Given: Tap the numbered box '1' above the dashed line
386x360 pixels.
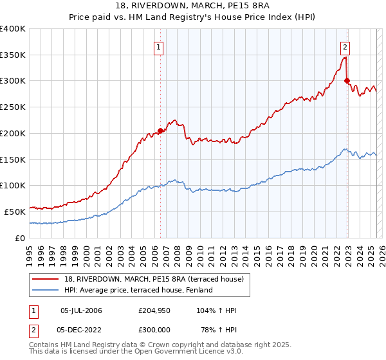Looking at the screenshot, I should (158, 46).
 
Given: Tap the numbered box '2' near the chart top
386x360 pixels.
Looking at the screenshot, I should (345, 46).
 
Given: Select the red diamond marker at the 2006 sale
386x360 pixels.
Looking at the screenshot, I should (160, 130).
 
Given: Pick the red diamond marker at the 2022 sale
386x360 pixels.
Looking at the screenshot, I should (347, 81).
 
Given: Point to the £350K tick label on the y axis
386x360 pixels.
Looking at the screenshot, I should (13, 55).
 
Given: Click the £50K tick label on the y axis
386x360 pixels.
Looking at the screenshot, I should (15, 211).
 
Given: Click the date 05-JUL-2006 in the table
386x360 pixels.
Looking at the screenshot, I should (81, 310).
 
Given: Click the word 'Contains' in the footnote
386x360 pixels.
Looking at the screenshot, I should (44, 345).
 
